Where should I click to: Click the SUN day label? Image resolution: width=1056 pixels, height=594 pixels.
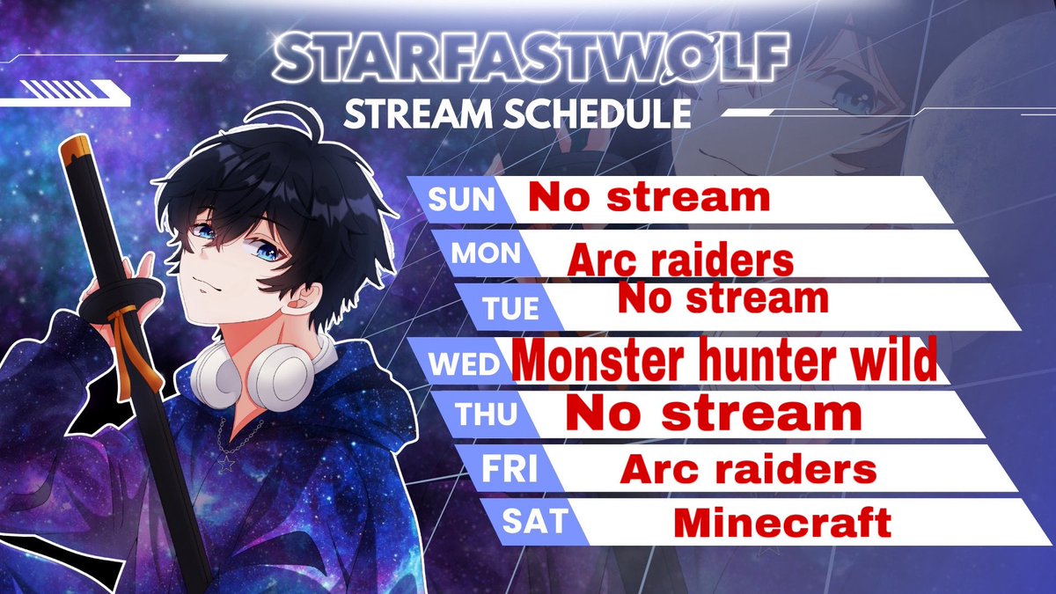(462, 200)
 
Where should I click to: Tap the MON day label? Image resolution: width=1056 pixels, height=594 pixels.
(486, 253)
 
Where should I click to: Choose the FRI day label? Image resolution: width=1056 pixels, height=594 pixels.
(509, 469)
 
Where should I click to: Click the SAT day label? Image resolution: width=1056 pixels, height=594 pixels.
(533, 520)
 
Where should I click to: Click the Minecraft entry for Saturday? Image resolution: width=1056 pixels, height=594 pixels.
(782, 524)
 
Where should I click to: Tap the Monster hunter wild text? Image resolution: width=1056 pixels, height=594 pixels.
(724, 362)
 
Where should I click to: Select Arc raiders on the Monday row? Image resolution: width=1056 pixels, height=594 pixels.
(680, 260)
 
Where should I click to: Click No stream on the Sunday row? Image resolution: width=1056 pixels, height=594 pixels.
(649, 197)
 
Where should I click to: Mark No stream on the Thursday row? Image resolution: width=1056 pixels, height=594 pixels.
(713, 413)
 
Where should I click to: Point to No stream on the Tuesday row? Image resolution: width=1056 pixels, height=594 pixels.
(722, 299)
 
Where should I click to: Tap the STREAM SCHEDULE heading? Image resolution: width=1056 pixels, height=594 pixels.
(516, 114)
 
